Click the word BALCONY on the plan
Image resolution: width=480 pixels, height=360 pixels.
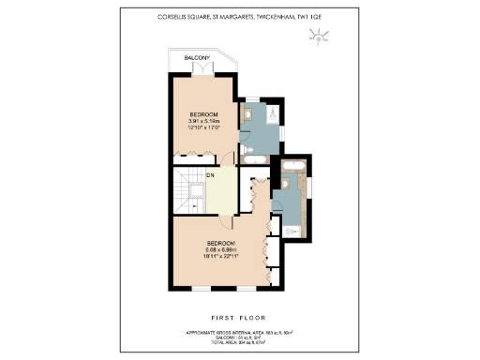[x=197, y=58]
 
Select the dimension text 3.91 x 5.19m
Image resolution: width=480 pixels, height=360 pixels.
[x=202, y=122]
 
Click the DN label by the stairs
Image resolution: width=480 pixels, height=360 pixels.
[x=211, y=172]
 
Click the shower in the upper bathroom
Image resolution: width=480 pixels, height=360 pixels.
[x=271, y=112]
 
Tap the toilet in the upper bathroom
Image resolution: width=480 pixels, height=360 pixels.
[x=247, y=148]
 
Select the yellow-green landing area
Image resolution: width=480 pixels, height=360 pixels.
[x=221, y=191]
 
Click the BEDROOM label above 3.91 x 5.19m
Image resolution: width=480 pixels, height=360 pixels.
[x=203, y=114]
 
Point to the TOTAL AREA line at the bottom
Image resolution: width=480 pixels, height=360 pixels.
[x=240, y=345]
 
